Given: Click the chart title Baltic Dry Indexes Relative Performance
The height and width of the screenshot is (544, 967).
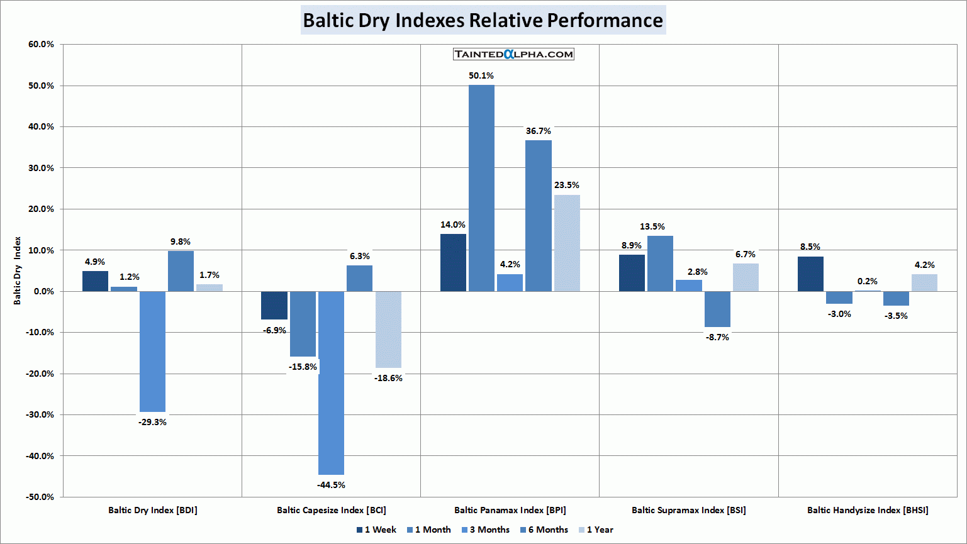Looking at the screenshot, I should pos(483,20).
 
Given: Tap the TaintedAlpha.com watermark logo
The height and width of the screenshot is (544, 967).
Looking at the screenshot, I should pos(513,54).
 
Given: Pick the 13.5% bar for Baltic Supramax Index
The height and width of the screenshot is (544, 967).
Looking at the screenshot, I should pos(660,264).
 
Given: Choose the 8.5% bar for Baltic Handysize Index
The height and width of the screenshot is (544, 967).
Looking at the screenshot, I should pos(810,274).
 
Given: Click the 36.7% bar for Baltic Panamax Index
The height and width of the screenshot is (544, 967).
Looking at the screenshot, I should pos(539,215).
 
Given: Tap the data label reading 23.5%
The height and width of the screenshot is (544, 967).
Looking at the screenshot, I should pos(567,186).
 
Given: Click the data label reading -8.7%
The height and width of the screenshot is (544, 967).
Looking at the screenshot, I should pos(717,338).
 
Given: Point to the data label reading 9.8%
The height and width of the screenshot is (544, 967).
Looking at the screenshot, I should pos(181,242).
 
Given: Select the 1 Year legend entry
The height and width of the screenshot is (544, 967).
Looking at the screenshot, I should pos(599,530).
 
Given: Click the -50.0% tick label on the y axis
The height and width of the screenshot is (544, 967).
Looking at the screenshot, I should pos(40,497).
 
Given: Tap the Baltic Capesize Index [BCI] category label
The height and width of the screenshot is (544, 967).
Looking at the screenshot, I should pos(332,510).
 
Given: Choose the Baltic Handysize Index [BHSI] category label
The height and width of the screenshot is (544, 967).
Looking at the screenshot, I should pos(868,510).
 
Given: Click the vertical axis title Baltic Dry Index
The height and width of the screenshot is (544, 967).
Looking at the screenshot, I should pos(18,270).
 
